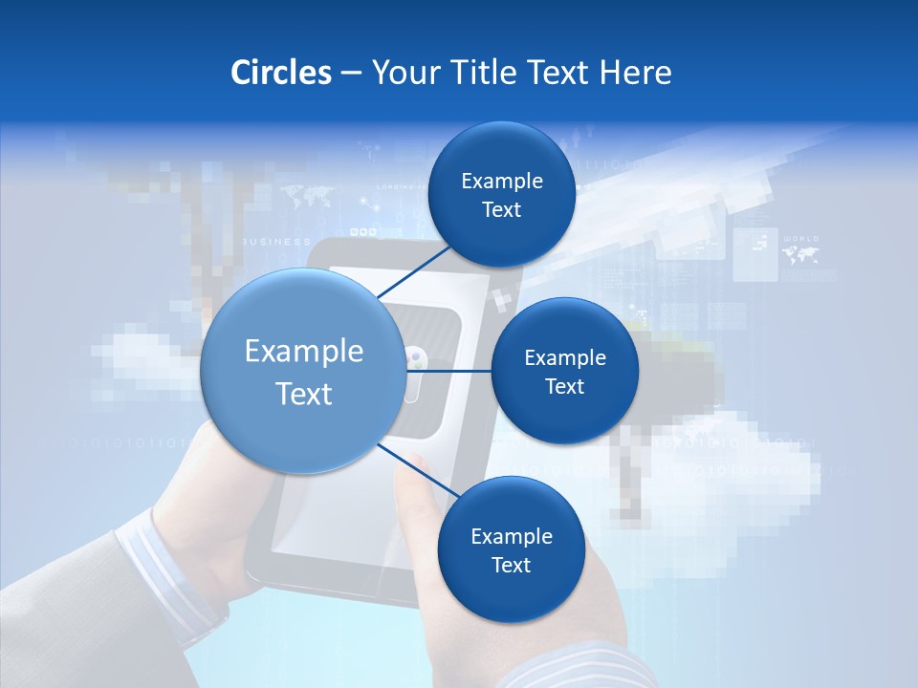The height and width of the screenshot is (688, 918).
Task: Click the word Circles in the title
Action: tap(280, 73)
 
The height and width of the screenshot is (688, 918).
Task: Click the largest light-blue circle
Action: tap(302, 371)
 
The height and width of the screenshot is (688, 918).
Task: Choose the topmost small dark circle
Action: tap(501, 195)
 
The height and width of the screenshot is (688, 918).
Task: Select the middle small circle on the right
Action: tap(564, 371)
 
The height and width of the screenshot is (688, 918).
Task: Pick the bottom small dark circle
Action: tap(511, 550)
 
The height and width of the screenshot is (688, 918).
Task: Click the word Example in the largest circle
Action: tap(304, 352)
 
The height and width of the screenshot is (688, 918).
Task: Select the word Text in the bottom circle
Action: tap(511, 565)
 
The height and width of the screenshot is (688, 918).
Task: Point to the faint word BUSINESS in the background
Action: tap(277, 242)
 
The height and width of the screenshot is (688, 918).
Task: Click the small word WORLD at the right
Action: tap(800, 238)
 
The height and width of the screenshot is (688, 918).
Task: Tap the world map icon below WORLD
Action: tap(800, 254)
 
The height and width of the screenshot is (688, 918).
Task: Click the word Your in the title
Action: tap(404, 73)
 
